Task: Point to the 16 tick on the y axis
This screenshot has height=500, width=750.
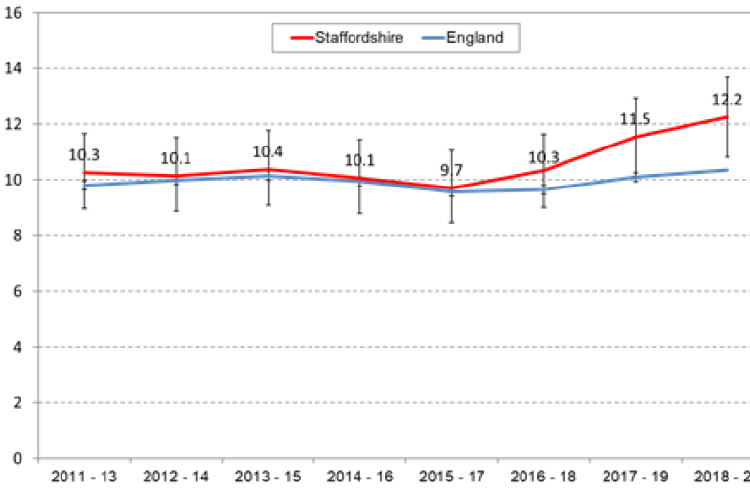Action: coord(18,13)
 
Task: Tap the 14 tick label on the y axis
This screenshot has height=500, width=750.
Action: coord(18,68)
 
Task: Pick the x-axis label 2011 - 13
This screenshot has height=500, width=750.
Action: coord(84,478)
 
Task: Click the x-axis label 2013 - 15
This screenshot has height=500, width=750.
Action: coord(269,478)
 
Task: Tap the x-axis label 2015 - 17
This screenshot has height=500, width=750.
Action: coord(452,478)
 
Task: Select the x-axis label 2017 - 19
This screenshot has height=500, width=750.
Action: coord(636,478)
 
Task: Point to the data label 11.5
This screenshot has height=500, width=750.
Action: coord(636,119)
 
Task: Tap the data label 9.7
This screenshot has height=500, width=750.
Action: coord(452,170)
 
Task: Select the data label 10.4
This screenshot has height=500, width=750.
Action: coord(269,152)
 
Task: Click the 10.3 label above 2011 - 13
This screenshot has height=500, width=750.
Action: coord(84,154)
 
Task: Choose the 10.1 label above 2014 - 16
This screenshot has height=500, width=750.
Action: coord(360,160)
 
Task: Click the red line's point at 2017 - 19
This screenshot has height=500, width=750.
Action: coord(636,137)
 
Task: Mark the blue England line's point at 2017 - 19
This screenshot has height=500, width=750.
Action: coord(636,177)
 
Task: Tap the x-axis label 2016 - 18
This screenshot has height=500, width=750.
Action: coord(544,478)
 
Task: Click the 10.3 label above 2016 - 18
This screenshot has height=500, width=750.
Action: coord(544,156)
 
